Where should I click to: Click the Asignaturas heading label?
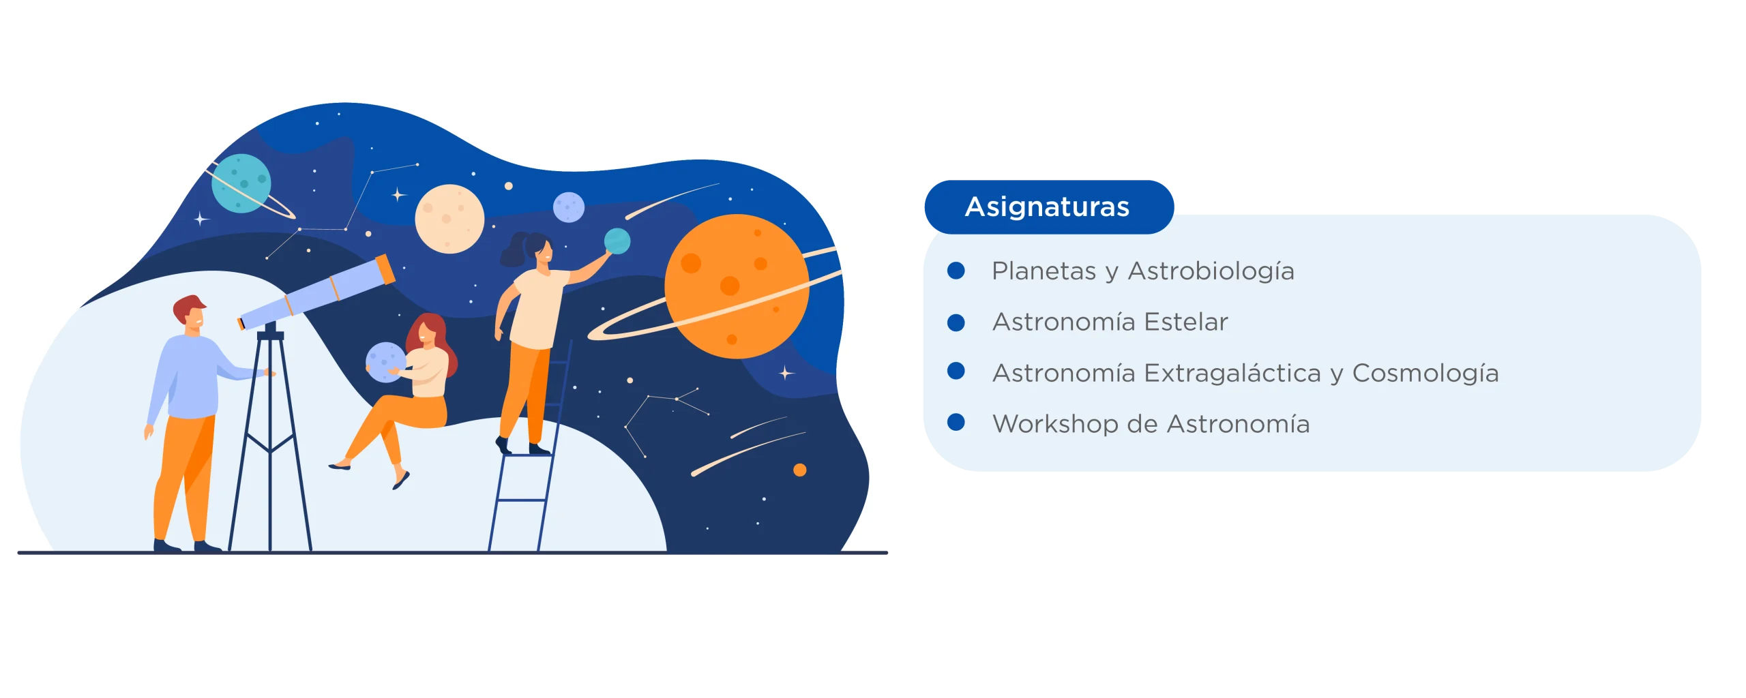click(x=1047, y=207)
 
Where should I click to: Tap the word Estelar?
click(x=1186, y=322)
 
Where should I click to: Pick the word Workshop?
click(x=1055, y=425)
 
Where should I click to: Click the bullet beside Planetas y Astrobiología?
click(x=956, y=271)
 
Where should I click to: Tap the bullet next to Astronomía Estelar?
click(x=956, y=322)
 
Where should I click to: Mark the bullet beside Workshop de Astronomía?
click(x=956, y=423)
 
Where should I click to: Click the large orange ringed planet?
click(x=737, y=286)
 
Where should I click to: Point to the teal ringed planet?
click(x=241, y=183)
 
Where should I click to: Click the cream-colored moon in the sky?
click(x=449, y=219)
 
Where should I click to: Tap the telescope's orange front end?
click(x=385, y=269)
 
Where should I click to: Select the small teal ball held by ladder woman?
click(x=617, y=241)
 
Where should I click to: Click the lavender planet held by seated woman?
click(x=385, y=362)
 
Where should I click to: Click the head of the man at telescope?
click(x=190, y=313)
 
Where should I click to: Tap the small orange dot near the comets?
click(x=800, y=470)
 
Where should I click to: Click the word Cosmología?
click(x=1425, y=373)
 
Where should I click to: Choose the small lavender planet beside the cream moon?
click(x=569, y=207)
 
